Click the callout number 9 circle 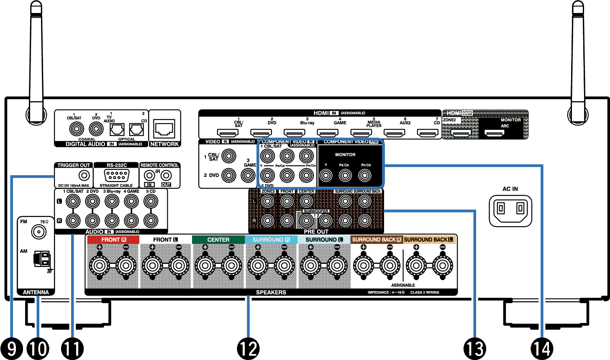(x=11, y=348)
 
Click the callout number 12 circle (x=248, y=348)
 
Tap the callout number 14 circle (x=542, y=348)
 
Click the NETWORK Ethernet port (x=164, y=128)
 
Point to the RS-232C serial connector (x=116, y=175)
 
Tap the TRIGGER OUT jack (x=84, y=176)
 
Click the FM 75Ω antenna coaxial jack (x=39, y=232)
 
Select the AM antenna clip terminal (x=42, y=259)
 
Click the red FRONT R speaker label (x=113, y=240)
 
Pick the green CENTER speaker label (x=218, y=240)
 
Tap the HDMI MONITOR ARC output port (x=494, y=133)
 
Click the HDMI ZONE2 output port (x=461, y=133)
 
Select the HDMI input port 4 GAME (x=328, y=133)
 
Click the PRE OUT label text (x=316, y=231)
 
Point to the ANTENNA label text (x=36, y=292)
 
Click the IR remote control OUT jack (x=166, y=176)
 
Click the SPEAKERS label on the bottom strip (x=271, y=292)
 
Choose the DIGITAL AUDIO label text (x=85, y=144)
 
